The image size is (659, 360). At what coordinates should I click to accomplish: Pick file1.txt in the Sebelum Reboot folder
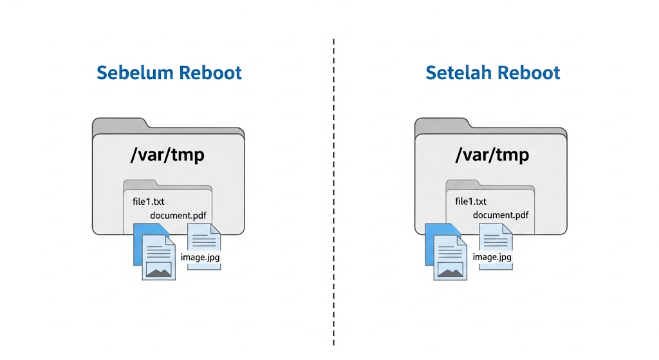click(148, 202)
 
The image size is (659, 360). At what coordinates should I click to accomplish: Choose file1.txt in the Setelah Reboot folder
click(470, 202)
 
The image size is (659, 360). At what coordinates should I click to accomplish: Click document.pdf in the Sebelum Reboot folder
click(178, 215)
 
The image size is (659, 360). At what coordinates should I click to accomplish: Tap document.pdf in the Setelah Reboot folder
click(501, 215)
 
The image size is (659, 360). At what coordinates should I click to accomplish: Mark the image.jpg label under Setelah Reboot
click(492, 258)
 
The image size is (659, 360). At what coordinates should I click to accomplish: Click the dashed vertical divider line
click(333, 193)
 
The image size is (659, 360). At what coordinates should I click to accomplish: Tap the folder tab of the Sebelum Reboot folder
click(120, 124)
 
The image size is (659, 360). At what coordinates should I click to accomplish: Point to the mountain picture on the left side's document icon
click(158, 270)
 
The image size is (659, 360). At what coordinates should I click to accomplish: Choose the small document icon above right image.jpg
click(495, 238)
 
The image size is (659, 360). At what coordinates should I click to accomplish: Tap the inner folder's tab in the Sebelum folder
click(138, 184)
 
